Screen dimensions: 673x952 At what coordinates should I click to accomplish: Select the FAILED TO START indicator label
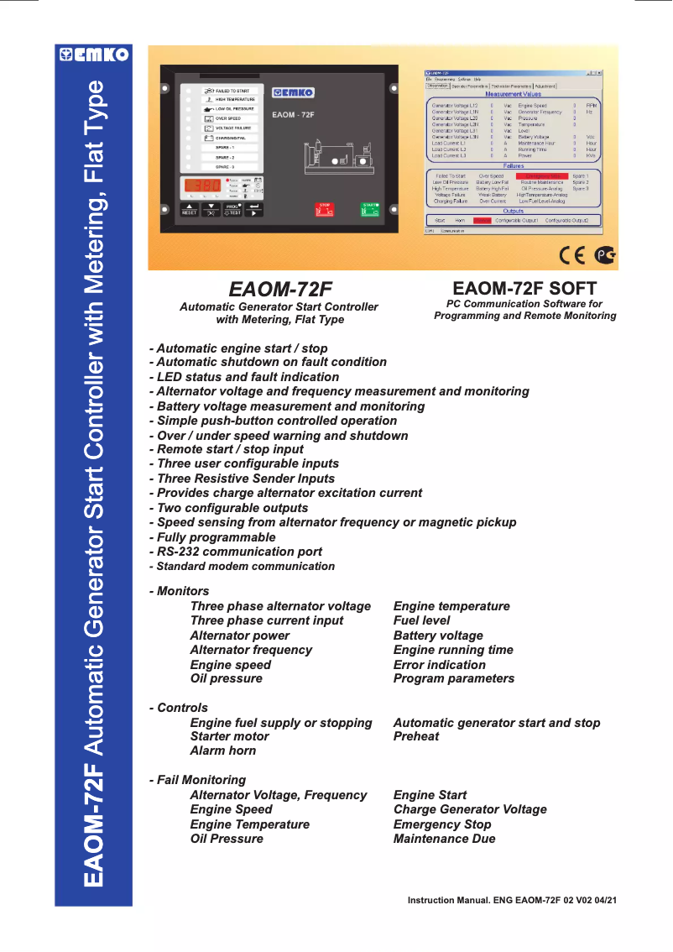[x=232, y=90]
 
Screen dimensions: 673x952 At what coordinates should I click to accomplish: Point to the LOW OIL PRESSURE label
[x=233, y=109]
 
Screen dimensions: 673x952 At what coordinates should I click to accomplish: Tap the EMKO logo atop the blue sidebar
[x=93, y=55]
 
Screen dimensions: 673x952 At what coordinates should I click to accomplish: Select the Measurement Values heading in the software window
[x=514, y=95]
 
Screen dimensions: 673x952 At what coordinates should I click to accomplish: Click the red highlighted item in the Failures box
[x=542, y=175]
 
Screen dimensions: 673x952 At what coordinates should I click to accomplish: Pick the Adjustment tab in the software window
[x=545, y=86]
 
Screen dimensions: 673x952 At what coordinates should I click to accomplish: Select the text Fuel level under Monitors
[x=421, y=620]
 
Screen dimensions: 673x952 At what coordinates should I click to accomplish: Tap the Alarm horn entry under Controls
[x=222, y=751]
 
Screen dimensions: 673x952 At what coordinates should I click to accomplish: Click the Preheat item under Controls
[x=416, y=736]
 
